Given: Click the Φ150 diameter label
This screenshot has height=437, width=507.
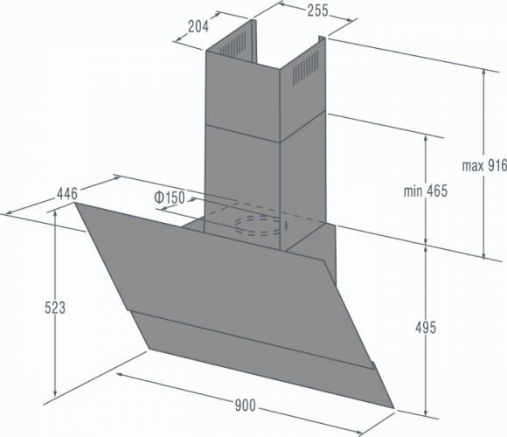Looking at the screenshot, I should (x=169, y=198).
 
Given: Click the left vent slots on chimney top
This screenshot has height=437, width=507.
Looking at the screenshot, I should (x=237, y=43).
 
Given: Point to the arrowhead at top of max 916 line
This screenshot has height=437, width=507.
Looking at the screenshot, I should (x=486, y=68).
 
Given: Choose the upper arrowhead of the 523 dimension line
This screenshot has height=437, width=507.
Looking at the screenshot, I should (x=55, y=215).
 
